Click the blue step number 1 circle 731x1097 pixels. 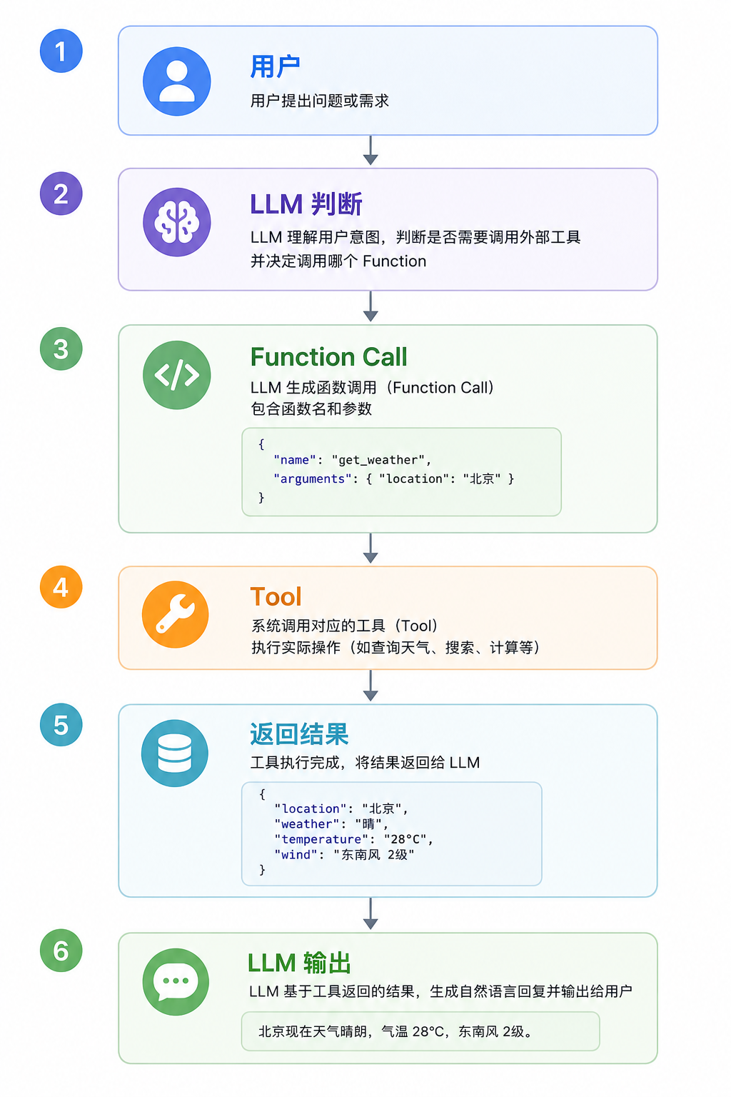click(x=61, y=51)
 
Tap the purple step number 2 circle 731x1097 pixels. click(x=61, y=194)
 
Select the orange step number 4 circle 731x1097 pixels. click(x=61, y=586)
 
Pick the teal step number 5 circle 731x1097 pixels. click(x=61, y=725)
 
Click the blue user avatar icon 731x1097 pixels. click(x=177, y=81)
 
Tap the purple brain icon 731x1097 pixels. click(x=177, y=222)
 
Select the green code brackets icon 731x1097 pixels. click(x=177, y=375)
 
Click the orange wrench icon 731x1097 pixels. click(x=176, y=615)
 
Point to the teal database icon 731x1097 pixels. click(x=175, y=753)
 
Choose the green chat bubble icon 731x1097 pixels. click(x=176, y=982)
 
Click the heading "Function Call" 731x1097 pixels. click(x=328, y=356)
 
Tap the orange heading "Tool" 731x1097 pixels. click(x=276, y=597)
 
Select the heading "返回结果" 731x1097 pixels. click(x=299, y=734)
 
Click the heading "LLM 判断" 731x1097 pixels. click(x=306, y=204)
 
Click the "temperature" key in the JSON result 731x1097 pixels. click(x=321, y=839)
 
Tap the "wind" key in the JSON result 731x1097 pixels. click(x=296, y=855)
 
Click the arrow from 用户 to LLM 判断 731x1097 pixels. click(x=370, y=151)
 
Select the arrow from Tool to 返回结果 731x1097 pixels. click(x=370, y=686)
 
